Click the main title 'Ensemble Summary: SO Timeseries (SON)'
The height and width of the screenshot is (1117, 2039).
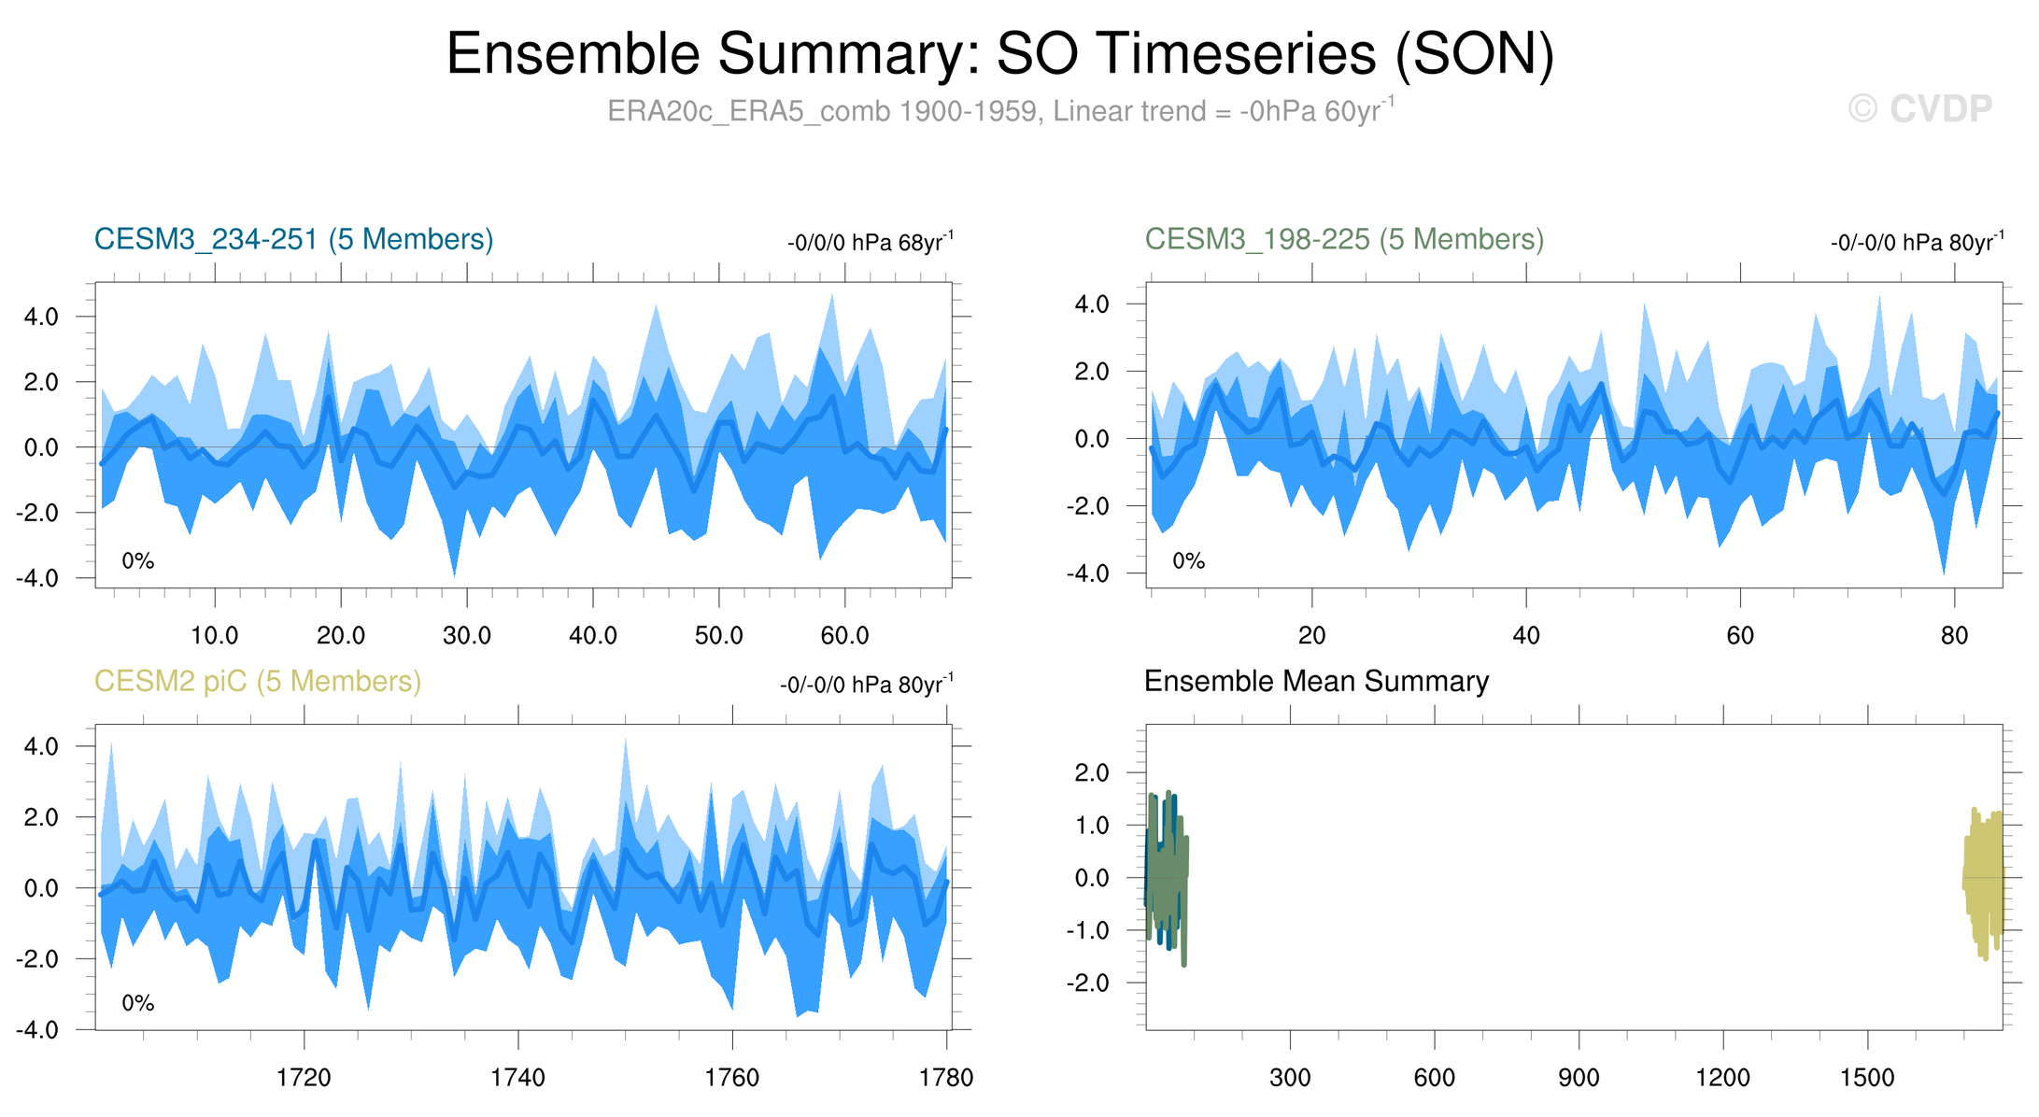tap(999, 54)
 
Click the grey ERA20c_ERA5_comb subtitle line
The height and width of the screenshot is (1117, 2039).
tap(999, 111)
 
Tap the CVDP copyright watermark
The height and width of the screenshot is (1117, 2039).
tap(1919, 109)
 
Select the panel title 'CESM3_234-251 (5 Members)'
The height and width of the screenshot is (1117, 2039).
tap(293, 240)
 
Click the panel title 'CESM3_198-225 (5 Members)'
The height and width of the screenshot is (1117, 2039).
tap(1344, 240)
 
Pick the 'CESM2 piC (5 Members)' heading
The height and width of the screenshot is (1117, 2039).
tap(258, 682)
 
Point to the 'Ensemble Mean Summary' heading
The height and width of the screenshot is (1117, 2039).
tap(1316, 682)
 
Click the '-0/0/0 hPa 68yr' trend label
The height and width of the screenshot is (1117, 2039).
tap(870, 243)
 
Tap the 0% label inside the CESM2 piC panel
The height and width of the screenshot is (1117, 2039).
tap(138, 1003)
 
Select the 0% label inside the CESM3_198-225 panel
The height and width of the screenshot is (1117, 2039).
tap(1188, 561)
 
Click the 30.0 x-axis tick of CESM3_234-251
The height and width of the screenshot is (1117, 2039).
tap(466, 636)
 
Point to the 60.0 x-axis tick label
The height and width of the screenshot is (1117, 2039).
tap(844, 636)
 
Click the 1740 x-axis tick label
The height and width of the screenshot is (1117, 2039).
tap(517, 1078)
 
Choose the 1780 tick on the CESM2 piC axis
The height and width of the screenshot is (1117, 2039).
tap(946, 1078)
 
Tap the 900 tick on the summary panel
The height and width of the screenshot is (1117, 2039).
tap(1579, 1078)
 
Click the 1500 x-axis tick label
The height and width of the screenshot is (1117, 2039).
tap(1867, 1078)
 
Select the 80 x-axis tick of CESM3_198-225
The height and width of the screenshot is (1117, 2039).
tap(1954, 636)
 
